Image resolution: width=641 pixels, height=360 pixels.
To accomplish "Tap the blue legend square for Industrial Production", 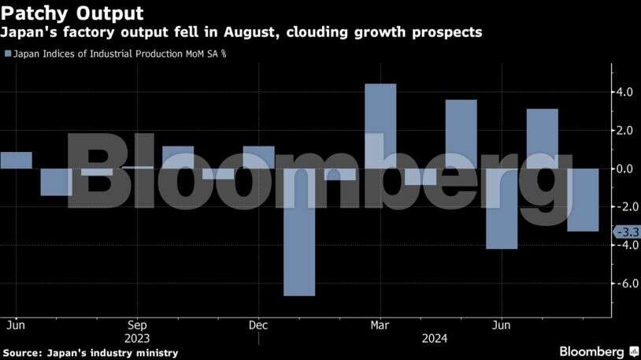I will point(8,54).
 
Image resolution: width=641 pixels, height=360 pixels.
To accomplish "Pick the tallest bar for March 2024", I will point(380,126).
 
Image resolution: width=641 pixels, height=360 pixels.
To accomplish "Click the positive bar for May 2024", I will point(461,134).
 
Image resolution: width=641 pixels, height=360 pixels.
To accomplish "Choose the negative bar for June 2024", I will point(502,209).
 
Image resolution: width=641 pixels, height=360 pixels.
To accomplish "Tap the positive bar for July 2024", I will point(543,139).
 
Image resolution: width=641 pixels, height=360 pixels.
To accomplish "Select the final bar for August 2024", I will point(583,200).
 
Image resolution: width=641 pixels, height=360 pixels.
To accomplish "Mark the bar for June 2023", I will point(16,160).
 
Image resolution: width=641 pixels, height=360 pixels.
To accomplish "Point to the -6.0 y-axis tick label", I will point(627,284).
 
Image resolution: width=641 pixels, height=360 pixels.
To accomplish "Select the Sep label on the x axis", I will point(137,325).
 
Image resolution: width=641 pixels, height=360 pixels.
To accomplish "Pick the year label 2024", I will point(435,338).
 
